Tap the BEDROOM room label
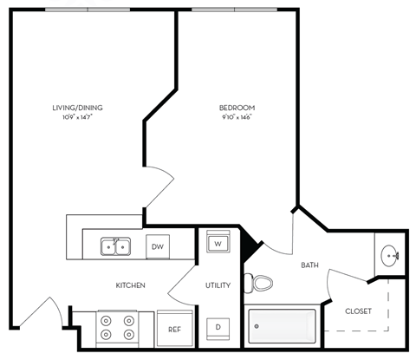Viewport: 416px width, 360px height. (x=237, y=108)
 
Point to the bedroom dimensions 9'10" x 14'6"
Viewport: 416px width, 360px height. (x=237, y=116)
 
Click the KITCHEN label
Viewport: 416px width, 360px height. (x=130, y=285)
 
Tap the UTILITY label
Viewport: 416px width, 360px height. (x=217, y=285)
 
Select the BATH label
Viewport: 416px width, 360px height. (x=310, y=265)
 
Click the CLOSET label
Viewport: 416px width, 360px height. (x=359, y=311)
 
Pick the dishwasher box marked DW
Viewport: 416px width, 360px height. (x=157, y=246)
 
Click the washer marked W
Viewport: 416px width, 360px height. (x=218, y=243)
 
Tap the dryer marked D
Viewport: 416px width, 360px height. (x=218, y=327)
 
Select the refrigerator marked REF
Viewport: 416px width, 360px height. (x=174, y=329)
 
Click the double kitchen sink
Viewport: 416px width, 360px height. (x=115, y=246)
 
